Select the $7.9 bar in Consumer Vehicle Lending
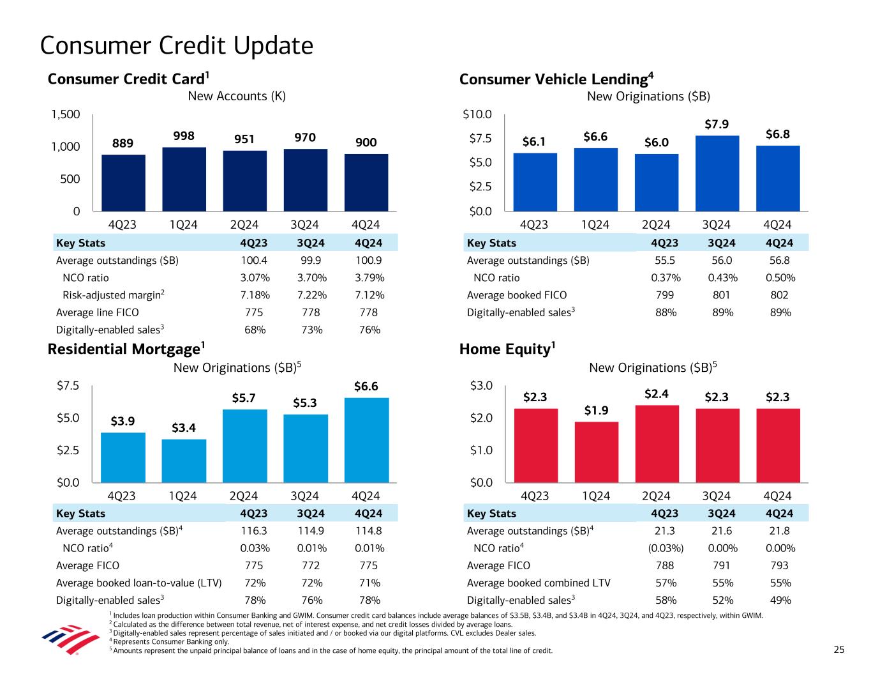(717, 173)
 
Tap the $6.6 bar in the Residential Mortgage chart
(366, 440)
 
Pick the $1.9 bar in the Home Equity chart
(596, 452)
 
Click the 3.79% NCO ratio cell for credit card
(369, 278)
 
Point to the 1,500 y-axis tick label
(65, 114)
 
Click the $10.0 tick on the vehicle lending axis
(477, 114)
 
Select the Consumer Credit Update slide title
(177, 45)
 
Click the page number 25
(839, 650)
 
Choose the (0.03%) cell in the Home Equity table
(666, 548)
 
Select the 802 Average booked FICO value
(779, 295)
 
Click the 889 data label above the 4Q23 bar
(123, 143)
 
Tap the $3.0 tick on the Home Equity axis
(481, 386)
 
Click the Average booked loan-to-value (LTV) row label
(139, 583)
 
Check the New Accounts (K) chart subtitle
(236, 96)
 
